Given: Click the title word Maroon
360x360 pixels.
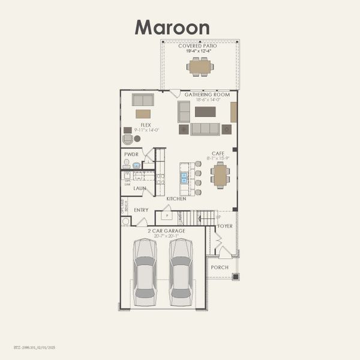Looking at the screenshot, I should [172, 27].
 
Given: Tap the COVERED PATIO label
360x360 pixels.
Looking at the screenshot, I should [199, 46].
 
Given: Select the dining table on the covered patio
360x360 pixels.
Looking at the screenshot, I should [199, 66].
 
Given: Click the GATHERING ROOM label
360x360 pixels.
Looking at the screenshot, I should [207, 94].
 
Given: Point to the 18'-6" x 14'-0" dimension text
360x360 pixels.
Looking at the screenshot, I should [207, 100].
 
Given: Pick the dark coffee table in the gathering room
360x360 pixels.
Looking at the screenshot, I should [205, 112].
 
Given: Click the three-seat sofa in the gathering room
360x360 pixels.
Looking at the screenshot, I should [205, 129].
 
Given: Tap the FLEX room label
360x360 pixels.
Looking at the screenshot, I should [146, 125].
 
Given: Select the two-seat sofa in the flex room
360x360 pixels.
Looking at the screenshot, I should [143, 100].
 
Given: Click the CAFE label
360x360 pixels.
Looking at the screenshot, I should [218, 153].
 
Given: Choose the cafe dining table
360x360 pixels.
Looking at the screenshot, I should [220, 175].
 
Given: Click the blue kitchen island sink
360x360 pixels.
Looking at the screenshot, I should [184, 178].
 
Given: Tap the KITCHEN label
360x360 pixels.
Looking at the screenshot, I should [176, 199].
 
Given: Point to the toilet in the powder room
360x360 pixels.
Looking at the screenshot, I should [127, 163].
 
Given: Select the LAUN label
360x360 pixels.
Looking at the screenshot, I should [139, 188].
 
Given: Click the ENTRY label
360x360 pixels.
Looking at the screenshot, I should [141, 210].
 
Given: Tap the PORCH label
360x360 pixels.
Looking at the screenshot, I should [219, 267].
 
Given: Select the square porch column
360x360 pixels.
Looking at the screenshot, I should [235, 277].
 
